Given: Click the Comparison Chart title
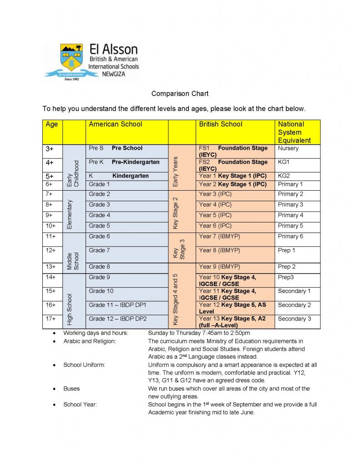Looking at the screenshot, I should (180, 94).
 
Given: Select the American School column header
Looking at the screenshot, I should (116, 124).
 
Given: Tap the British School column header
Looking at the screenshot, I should (221, 124).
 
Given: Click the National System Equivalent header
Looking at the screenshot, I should (294, 132).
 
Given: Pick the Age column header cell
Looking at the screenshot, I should (52, 124).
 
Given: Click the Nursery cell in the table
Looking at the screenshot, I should (289, 148).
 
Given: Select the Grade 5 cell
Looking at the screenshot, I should (100, 226).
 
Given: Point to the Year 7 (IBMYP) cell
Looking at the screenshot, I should (219, 237).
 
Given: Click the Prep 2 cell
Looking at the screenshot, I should (287, 267).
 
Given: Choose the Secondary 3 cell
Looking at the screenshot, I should (294, 319).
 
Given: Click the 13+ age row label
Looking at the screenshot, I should (51, 267).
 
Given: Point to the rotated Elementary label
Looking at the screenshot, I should (70, 214).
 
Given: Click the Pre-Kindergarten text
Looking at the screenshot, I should (136, 162).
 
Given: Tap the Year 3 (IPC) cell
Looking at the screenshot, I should (215, 194).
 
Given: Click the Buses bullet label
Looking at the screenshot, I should (71, 389).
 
